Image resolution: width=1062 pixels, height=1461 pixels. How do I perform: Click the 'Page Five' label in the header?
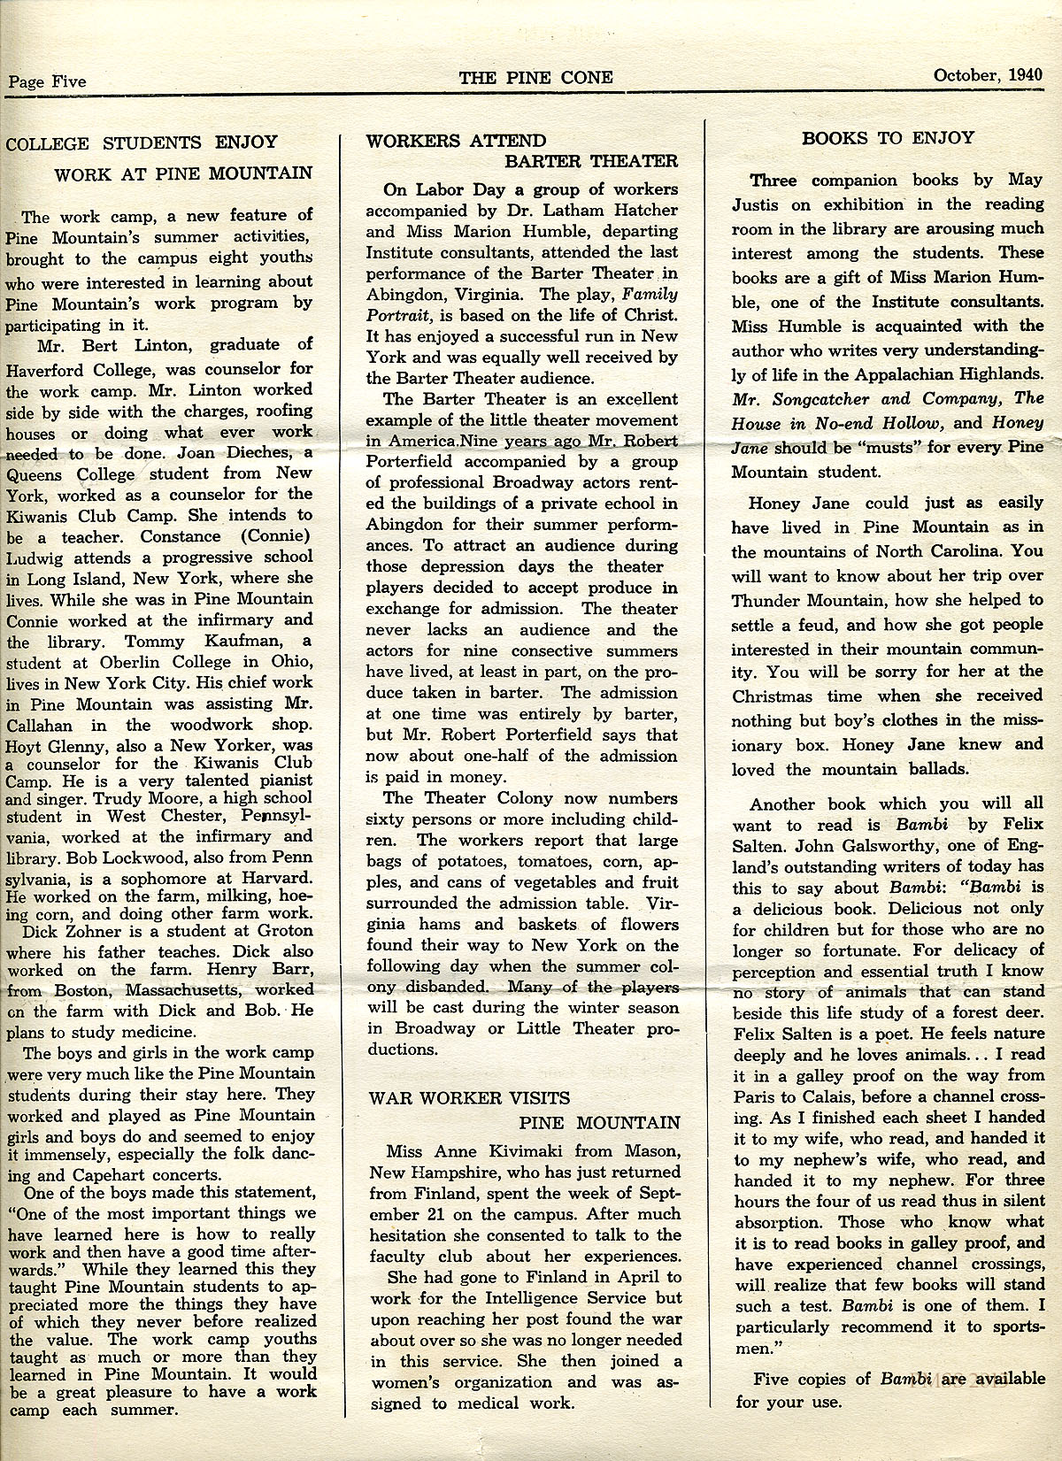(x=47, y=82)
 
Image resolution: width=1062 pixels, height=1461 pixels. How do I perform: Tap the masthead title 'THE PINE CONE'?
(x=535, y=77)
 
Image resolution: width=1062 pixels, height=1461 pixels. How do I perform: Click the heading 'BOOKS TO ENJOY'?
(x=888, y=138)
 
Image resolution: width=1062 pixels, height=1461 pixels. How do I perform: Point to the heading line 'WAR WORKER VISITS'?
(x=469, y=1098)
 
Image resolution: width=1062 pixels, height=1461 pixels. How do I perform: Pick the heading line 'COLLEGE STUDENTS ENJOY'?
(x=142, y=142)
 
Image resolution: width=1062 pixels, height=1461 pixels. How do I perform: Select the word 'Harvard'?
(x=274, y=879)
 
